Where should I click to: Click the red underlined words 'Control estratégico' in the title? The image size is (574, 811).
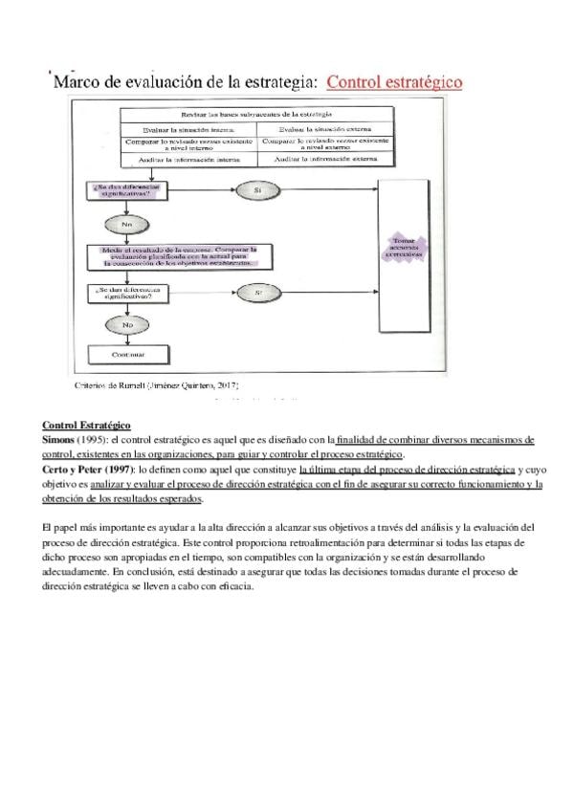tap(394, 82)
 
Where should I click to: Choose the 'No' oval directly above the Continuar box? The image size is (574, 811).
tap(127, 325)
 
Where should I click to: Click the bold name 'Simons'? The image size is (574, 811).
tap(57, 438)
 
